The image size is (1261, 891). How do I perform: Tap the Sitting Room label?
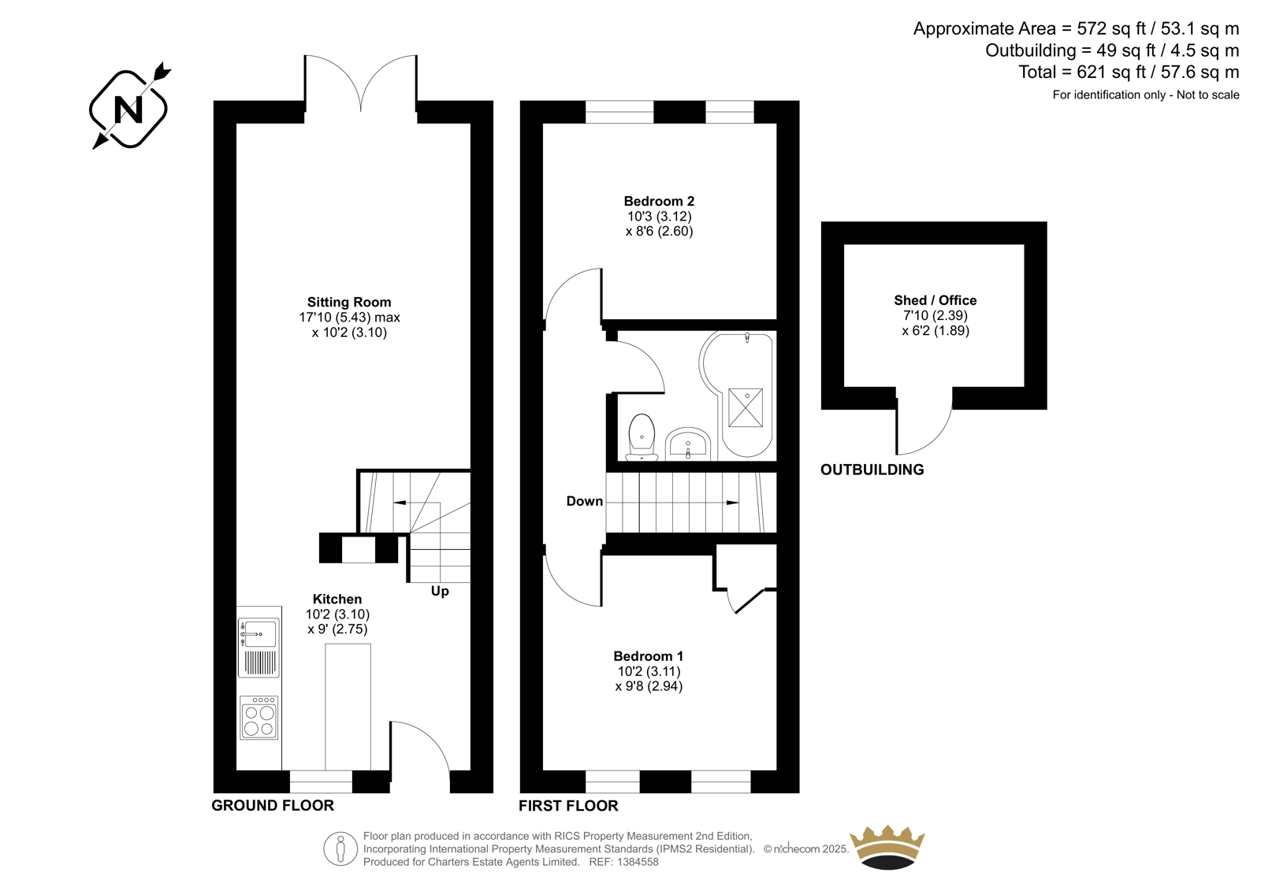349,303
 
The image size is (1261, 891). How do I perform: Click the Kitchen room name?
337,599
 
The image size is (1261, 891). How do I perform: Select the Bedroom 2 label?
659,201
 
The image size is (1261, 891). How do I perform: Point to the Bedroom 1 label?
649,655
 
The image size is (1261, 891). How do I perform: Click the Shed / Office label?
935,300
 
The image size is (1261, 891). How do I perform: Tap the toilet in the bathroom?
642,437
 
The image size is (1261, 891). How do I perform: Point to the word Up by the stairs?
440,592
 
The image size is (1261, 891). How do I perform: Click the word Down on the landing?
584,501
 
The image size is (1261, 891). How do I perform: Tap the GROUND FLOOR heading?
273,805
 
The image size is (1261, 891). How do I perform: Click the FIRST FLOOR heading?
568,806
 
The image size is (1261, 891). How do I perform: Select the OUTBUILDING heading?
872,470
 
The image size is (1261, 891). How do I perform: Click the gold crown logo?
887,847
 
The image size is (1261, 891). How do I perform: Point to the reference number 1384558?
637,862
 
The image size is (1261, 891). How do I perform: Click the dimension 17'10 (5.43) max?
349,317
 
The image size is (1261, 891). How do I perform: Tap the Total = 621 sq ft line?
1129,72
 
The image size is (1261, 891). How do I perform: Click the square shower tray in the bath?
746,407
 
